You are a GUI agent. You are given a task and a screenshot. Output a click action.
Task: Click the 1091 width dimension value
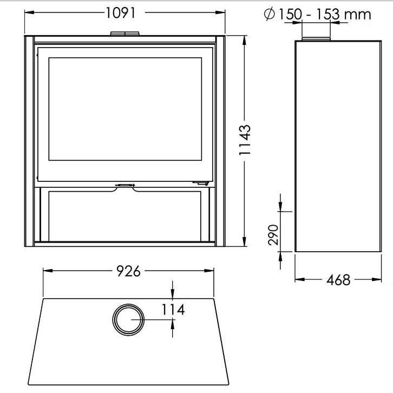[x=121, y=13]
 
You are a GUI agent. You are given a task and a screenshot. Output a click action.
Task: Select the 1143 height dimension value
[x=245, y=140]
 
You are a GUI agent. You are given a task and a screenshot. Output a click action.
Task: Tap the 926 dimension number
[x=128, y=271]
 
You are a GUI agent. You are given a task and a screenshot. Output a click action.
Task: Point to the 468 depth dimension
[x=338, y=280]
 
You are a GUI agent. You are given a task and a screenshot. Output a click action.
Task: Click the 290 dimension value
[x=273, y=235]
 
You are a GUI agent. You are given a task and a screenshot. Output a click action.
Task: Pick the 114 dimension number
[x=173, y=310]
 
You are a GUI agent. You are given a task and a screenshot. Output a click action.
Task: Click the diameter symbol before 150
[x=270, y=14]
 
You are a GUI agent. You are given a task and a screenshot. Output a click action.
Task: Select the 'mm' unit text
[x=357, y=15]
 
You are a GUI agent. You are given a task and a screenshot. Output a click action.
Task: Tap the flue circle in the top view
[x=128, y=304]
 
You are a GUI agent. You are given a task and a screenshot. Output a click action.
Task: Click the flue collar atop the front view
[x=125, y=34]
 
